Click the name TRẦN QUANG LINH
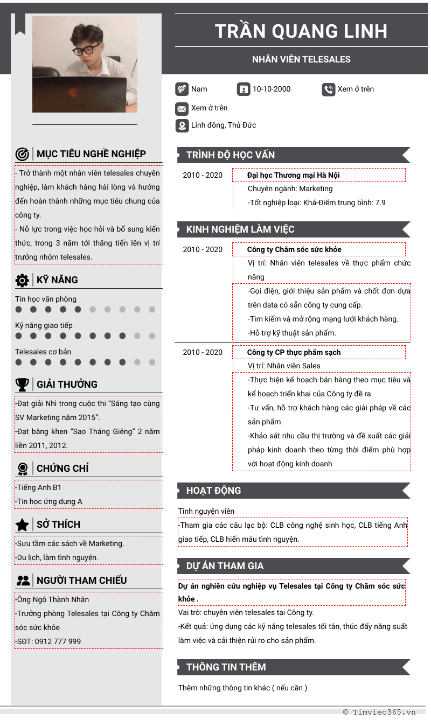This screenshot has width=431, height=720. [x=301, y=31]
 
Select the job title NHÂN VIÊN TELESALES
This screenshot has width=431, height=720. [x=301, y=59]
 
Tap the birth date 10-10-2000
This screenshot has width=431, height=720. [x=272, y=89]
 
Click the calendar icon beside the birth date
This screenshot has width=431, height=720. [x=244, y=89]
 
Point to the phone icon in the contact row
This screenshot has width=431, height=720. [x=329, y=89]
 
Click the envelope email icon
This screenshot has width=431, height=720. [x=182, y=109]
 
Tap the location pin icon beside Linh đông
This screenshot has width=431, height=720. [x=182, y=126]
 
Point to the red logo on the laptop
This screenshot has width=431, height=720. [x=73, y=93]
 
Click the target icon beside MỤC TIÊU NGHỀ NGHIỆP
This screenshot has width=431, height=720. [x=22, y=154]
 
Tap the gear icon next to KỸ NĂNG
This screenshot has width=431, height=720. [x=22, y=280]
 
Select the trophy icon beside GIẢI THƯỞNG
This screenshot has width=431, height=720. [x=22, y=385]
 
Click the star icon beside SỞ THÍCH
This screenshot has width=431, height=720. [x=22, y=525]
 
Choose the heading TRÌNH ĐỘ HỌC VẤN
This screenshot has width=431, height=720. [x=231, y=155]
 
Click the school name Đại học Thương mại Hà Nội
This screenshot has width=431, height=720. [x=293, y=175]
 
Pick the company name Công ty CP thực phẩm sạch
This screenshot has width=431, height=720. [x=294, y=352]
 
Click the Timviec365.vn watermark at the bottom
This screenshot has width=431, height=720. [x=379, y=712]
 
